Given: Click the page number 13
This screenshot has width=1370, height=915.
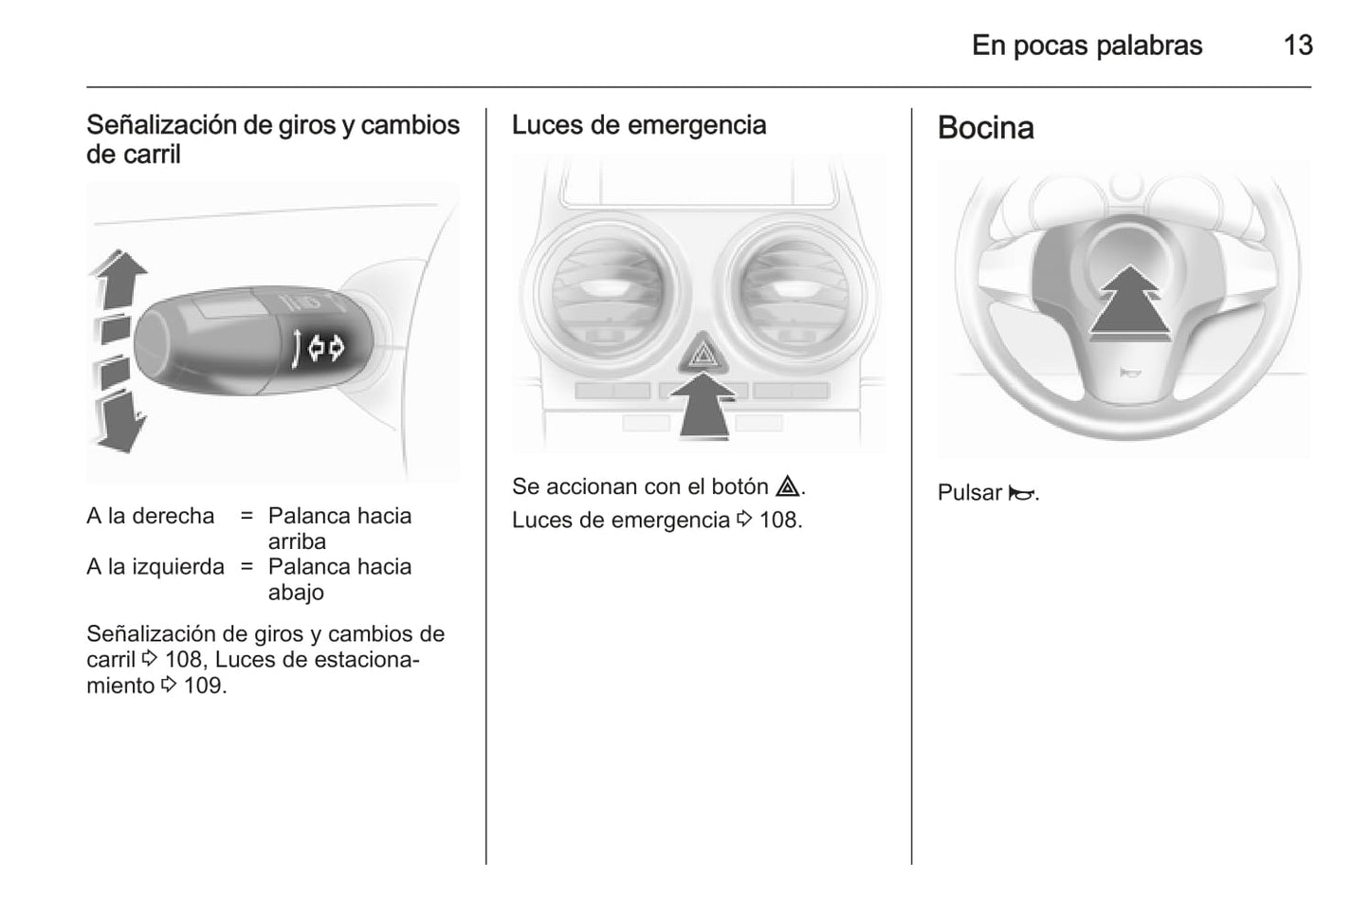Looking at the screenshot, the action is coord(1298,46).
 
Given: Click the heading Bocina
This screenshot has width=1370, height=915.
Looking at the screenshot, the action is coord(985,128).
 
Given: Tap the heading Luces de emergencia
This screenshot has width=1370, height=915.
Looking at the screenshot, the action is coord(638,125).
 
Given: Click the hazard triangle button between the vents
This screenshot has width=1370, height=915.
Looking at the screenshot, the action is coord(703,353).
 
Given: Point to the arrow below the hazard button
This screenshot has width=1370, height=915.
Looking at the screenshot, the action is coord(703,406).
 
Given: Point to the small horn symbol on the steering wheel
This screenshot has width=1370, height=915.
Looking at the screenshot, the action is coord(1129,372).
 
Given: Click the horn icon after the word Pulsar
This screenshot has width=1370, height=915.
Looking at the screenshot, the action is coord(1021,493).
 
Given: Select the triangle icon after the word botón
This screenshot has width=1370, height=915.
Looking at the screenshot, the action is coord(787,486).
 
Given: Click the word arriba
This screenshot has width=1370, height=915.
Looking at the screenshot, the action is coord(297,541).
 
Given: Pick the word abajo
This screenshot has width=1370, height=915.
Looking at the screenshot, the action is coord(296,593).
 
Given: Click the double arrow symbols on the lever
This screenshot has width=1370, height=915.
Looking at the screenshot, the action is coord(326,348).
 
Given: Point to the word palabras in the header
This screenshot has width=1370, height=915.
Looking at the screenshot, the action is coord(1149,46).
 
